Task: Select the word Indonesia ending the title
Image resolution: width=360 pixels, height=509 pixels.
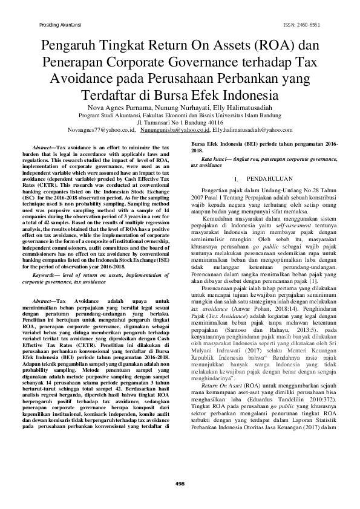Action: coord(249,95)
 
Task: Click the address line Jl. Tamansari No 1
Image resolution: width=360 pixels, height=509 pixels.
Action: coord(180,122)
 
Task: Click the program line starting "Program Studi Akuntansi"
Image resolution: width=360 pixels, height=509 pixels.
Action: coord(180,114)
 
